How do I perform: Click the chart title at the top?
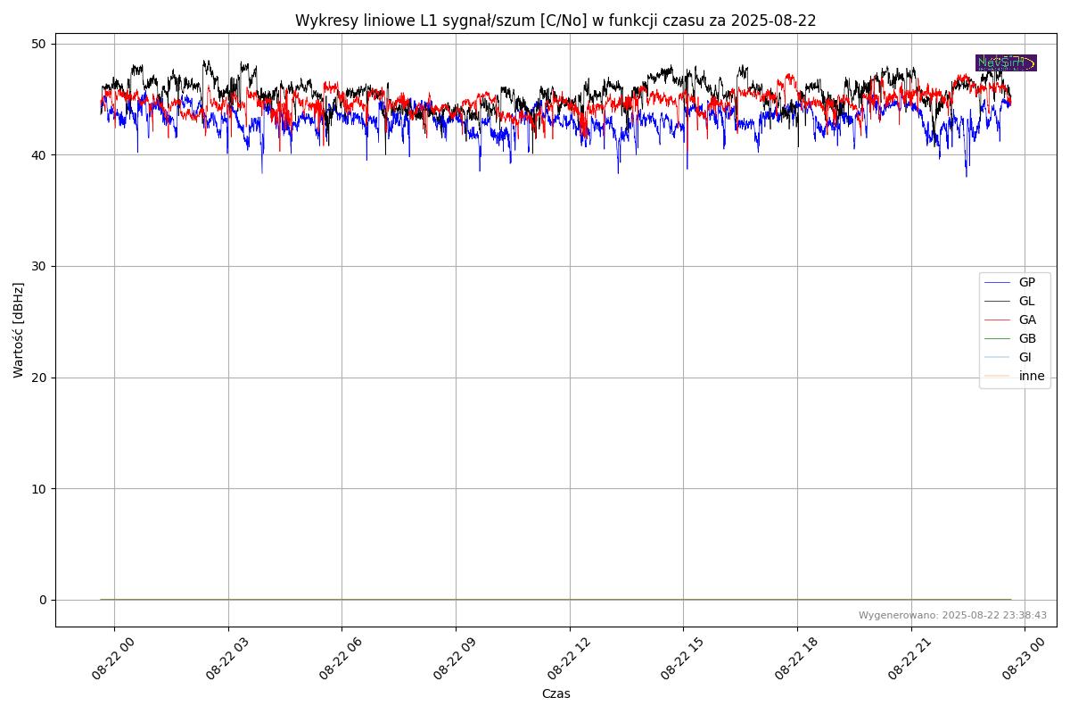pos(556,21)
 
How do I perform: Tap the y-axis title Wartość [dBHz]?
pos(19,329)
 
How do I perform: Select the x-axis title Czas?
pos(556,693)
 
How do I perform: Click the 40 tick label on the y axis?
pos(40,155)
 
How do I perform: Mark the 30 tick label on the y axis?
pos(40,266)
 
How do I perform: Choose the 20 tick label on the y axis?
pos(40,378)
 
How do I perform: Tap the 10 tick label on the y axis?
pos(40,488)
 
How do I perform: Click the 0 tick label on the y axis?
pos(43,600)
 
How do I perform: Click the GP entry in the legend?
pos(1026,282)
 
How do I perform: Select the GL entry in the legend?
pos(1026,301)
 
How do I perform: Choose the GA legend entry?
pos(1026,320)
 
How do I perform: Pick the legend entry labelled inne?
pos(1031,376)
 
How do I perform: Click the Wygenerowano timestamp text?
pos(952,615)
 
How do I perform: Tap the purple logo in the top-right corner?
pos(1006,62)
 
